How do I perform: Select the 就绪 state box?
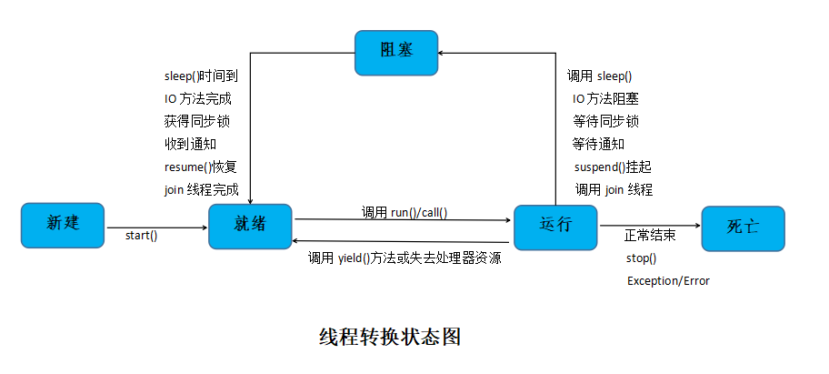point(250,226)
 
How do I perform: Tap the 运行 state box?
point(555,227)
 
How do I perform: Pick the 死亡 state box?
point(743,228)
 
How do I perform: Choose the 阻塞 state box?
point(396,53)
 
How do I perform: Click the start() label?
point(141,237)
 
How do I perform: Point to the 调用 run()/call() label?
point(405,212)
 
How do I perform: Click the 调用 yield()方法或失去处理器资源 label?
point(405,258)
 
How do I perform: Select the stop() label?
point(641,258)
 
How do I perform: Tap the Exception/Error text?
point(668,281)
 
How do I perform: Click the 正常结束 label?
point(650,235)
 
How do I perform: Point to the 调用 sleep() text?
point(599,76)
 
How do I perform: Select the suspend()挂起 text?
point(613,167)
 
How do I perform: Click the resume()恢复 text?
point(200,167)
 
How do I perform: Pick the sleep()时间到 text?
point(201,76)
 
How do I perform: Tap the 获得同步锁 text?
point(191,122)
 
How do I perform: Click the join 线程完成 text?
point(201,190)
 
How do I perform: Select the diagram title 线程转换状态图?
point(390,337)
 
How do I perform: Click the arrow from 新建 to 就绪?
point(157,227)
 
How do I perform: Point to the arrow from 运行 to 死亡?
point(650,227)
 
